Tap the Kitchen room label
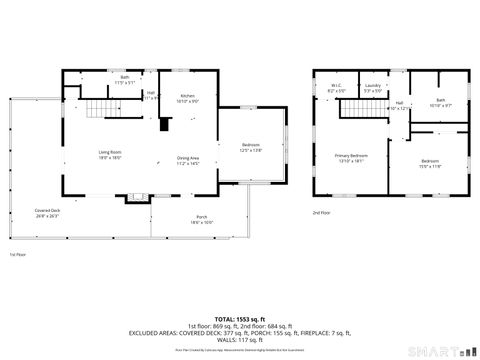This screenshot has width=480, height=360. pyautogui.click(x=187, y=97)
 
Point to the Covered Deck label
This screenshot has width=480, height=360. pyautogui.click(x=48, y=211)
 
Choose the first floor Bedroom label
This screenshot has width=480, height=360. pyautogui.click(x=250, y=146)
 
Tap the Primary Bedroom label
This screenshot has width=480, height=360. pyautogui.click(x=351, y=156)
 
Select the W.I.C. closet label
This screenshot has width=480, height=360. pyautogui.click(x=337, y=87)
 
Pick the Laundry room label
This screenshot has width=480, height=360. pyautogui.click(x=372, y=87)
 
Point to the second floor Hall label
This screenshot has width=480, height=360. pyautogui.click(x=398, y=104)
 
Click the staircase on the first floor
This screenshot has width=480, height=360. pyautogui.click(x=98, y=110)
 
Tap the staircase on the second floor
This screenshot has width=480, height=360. pyautogui.click(x=357, y=110)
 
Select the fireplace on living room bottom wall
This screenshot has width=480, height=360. pyautogui.click(x=133, y=198)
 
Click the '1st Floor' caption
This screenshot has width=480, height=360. pyautogui.click(x=17, y=255)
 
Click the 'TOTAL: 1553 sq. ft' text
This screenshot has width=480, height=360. pyautogui.click(x=240, y=316)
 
